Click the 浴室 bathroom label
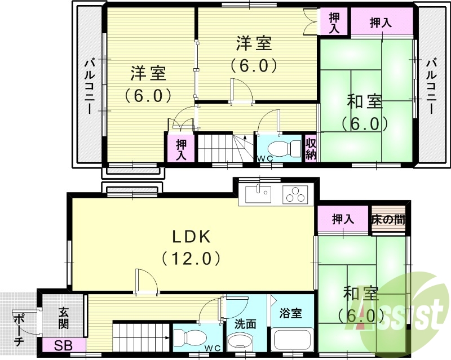(x=291, y=313)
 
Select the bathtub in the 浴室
(x=292, y=341)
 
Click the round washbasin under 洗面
(x=242, y=343)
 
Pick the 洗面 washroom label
(x=246, y=324)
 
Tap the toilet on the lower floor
(x=185, y=338)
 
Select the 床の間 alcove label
(x=388, y=219)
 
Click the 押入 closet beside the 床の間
(x=342, y=219)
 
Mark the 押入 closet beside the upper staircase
(x=180, y=148)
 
